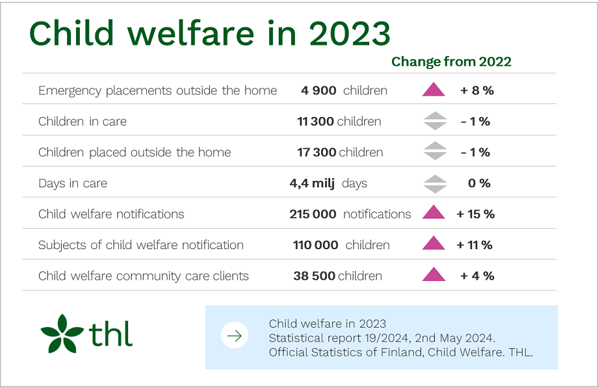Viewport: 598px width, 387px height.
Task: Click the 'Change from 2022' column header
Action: (451, 62)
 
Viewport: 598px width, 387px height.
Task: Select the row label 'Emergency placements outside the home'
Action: (157, 90)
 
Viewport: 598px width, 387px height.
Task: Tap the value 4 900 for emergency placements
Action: (318, 90)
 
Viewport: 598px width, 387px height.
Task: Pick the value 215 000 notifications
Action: (313, 214)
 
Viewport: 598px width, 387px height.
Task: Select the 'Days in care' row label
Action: (73, 183)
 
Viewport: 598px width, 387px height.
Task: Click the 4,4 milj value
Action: (312, 183)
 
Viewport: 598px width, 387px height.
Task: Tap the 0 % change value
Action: (479, 183)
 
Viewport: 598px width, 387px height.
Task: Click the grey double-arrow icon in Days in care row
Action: (434, 183)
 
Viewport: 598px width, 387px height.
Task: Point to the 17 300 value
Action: (317, 152)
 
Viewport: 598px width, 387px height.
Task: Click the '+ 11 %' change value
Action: (474, 245)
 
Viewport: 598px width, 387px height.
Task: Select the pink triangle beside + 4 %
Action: (434, 276)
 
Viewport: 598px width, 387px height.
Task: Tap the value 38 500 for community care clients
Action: (315, 276)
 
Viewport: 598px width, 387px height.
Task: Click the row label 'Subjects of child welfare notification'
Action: (141, 245)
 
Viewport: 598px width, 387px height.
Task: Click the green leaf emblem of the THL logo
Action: (62, 334)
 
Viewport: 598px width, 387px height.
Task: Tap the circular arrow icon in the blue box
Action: (235, 336)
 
